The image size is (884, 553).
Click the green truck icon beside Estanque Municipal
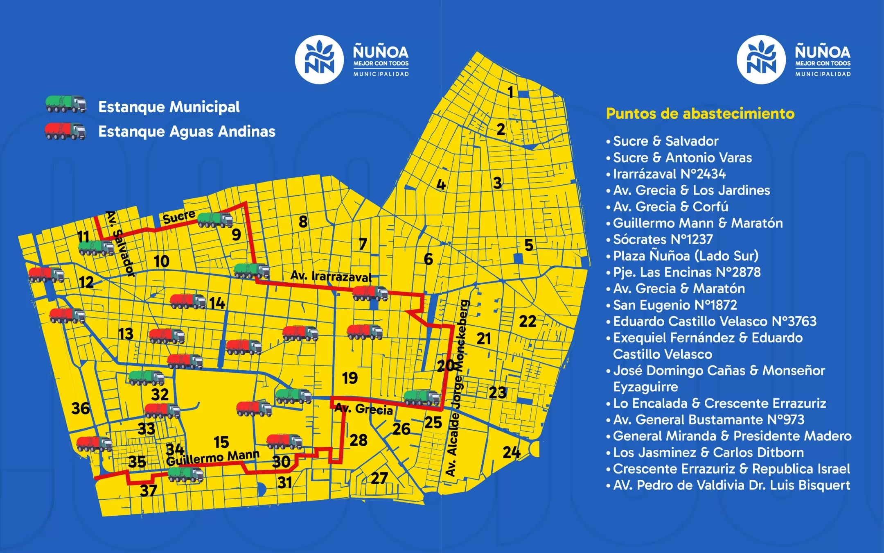65,104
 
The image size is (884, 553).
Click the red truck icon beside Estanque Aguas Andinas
65,131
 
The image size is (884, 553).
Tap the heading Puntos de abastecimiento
700,113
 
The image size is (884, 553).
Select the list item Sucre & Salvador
665,141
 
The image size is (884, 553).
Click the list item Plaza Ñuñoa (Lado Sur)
686,256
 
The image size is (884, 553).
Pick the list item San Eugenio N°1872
675,305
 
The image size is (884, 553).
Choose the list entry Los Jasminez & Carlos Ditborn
708,452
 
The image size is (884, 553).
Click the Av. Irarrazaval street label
331,276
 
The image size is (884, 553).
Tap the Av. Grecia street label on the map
363,409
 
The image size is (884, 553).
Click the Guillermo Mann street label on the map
212,458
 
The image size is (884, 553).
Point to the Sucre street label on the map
179,217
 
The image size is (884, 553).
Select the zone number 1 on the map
510,92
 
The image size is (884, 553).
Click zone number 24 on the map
511,452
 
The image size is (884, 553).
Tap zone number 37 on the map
149,490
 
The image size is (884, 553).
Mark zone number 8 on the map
303,222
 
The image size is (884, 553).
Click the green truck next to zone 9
215,220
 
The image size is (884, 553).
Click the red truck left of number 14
188,301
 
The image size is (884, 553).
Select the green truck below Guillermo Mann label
185,474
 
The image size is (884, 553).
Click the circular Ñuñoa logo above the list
761,60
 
